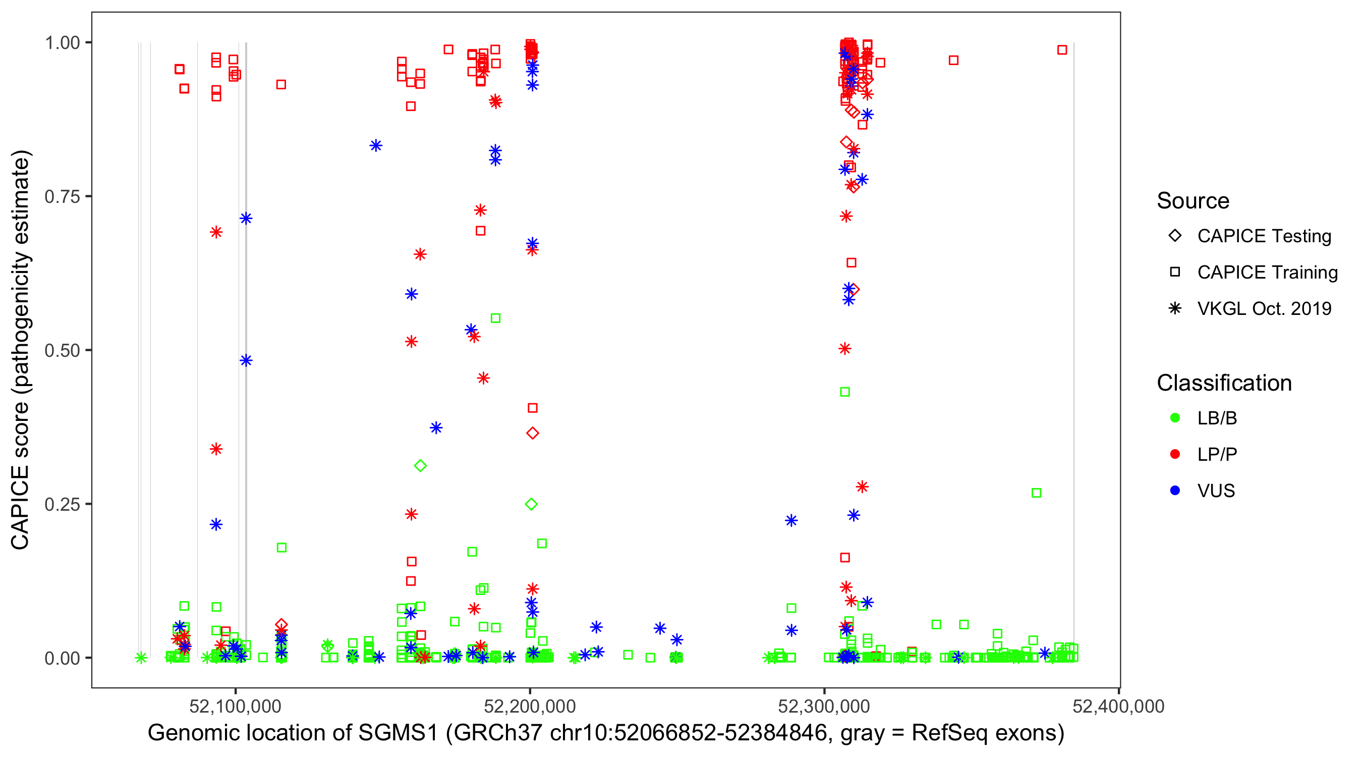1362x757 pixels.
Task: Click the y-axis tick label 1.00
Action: [x=62, y=42]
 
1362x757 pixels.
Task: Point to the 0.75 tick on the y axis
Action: [x=62, y=196]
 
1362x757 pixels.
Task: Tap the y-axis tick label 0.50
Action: [x=62, y=350]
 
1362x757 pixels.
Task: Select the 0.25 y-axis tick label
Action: [x=62, y=504]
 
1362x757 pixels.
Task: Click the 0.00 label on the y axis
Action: [x=62, y=658]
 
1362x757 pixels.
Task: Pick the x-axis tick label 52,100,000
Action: [x=235, y=706]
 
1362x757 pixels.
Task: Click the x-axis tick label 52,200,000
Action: [x=530, y=706]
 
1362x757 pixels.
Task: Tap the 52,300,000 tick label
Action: [x=824, y=706]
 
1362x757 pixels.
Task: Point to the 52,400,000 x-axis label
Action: [x=1118, y=706]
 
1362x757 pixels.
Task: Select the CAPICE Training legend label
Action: [x=1267, y=273]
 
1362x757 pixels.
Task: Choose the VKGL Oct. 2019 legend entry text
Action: [x=1264, y=308]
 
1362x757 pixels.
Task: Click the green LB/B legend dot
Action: [x=1175, y=418]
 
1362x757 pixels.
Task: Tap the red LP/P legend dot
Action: [x=1175, y=454]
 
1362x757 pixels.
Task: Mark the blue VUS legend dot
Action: [x=1175, y=491]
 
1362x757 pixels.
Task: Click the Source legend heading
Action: [x=1193, y=201]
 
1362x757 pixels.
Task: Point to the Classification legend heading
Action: [x=1224, y=383]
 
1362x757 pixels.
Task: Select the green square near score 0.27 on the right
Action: [x=1036, y=493]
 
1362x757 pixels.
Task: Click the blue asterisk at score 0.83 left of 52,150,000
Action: [x=376, y=145]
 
